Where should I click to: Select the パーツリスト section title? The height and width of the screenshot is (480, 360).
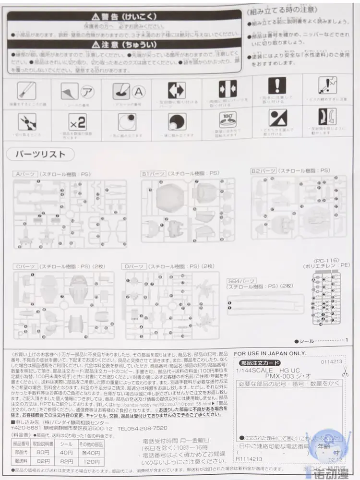click(40, 155)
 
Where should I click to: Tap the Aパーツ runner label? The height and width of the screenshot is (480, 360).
click(24, 174)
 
